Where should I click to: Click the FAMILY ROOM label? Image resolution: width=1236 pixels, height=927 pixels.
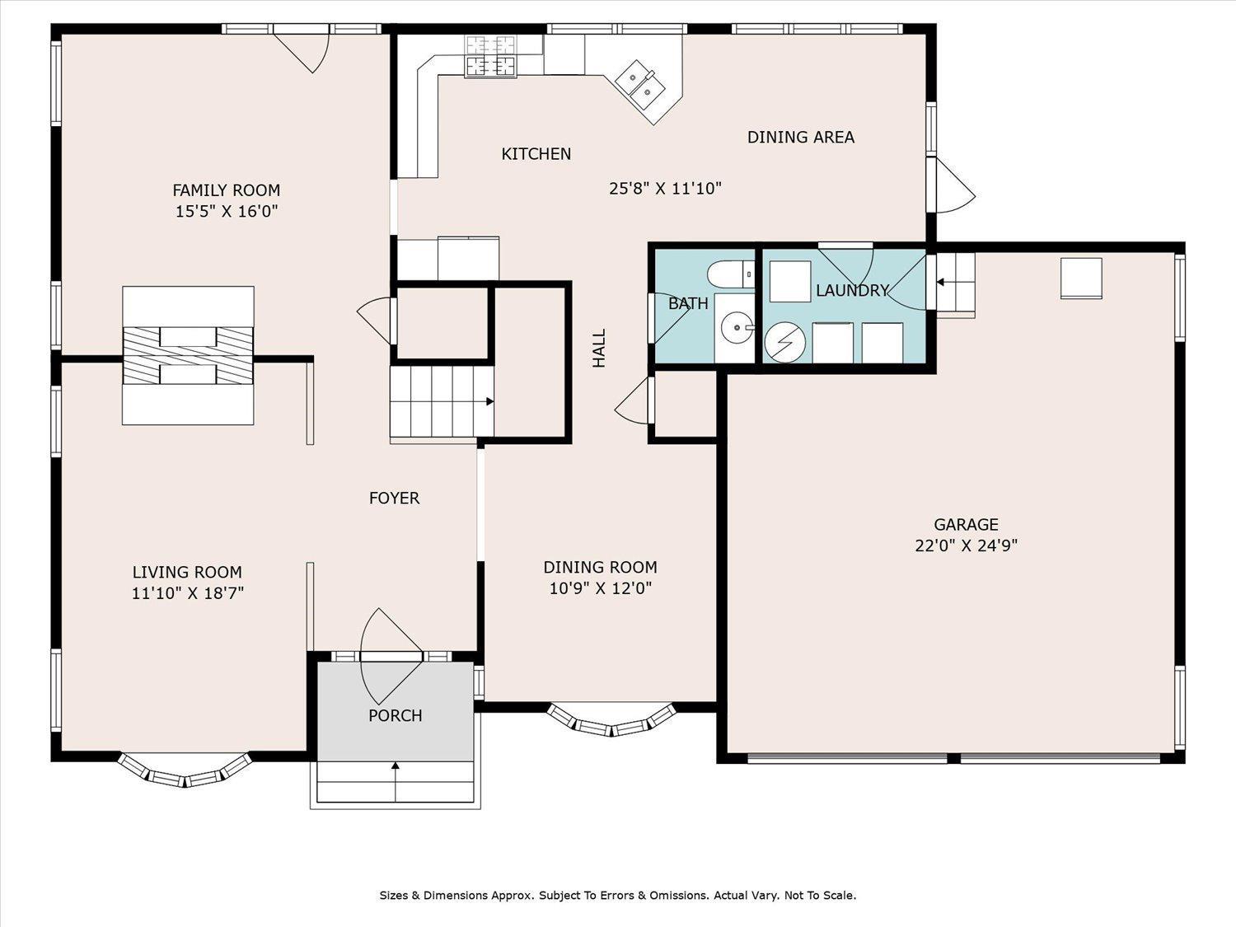(227, 190)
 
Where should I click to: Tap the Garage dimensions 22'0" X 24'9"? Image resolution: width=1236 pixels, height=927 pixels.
(967, 546)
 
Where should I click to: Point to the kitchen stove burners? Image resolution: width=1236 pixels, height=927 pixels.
(490, 56)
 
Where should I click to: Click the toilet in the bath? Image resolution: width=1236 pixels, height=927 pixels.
(731, 274)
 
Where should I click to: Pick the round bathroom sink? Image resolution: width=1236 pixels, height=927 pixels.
(737, 328)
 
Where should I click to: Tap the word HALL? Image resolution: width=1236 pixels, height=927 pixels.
(598, 349)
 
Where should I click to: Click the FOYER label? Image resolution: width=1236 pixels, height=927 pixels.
(394, 499)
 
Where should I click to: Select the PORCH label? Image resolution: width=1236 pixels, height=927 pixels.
(396, 716)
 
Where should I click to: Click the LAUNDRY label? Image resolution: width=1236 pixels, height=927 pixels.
(853, 290)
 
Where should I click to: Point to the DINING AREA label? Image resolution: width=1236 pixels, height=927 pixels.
(801, 138)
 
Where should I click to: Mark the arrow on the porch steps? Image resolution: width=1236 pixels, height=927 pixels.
(396, 782)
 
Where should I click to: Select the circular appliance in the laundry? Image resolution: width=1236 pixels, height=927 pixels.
(785, 342)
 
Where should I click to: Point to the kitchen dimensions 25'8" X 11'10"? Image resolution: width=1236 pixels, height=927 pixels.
(666, 189)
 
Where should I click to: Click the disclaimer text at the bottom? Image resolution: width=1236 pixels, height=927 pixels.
(618, 896)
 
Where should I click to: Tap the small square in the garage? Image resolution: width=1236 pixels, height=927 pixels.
(1081, 278)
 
